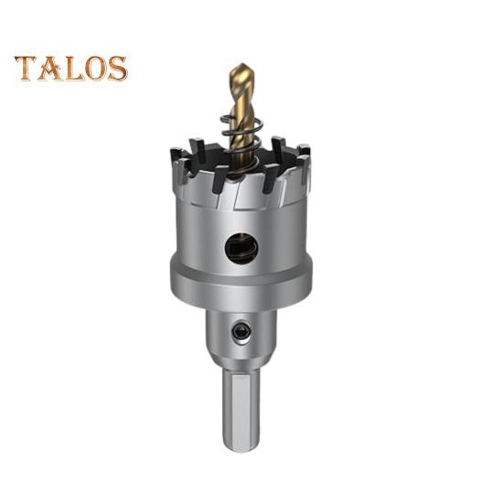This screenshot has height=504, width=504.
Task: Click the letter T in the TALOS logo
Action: pyautogui.click(x=26, y=68)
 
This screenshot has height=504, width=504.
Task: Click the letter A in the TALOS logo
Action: pyautogui.click(x=50, y=68)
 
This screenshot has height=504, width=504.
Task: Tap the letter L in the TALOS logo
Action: pyautogui.click(x=74, y=69)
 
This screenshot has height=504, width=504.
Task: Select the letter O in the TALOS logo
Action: pyautogui.click(x=96, y=69)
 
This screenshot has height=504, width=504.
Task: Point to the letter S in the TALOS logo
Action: pyautogui.click(x=118, y=69)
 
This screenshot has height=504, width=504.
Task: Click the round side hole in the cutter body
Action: pyautogui.click(x=241, y=248)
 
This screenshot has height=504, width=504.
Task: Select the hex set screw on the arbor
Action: pyautogui.click(x=241, y=331)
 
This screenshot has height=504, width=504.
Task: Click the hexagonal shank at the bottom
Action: pyautogui.click(x=241, y=413)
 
